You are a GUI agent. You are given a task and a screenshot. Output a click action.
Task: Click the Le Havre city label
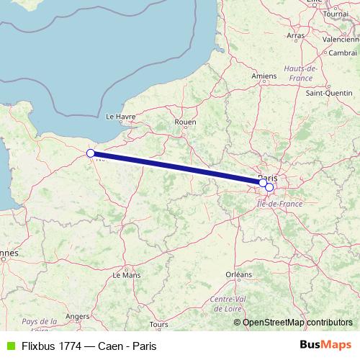[x=121, y=115]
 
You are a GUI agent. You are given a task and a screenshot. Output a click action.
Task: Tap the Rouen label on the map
[x=185, y=122]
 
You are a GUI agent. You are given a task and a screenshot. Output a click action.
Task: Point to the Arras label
[x=295, y=35]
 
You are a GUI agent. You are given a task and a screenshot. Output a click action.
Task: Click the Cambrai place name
[x=343, y=53]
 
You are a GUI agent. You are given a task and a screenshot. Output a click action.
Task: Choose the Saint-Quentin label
[x=328, y=92]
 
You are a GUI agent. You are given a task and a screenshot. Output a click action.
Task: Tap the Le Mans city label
[x=127, y=274]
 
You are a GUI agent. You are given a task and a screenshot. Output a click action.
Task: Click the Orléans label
[x=238, y=274]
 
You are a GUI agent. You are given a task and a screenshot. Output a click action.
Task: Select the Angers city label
[x=77, y=315]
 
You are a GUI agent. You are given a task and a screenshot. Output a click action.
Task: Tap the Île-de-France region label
[x=280, y=204]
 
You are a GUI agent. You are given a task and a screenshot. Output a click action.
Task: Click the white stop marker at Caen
[x=91, y=153]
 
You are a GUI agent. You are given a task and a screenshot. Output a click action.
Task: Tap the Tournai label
[x=336, y=14]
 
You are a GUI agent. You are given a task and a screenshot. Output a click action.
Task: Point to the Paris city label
[x=268, y=177]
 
